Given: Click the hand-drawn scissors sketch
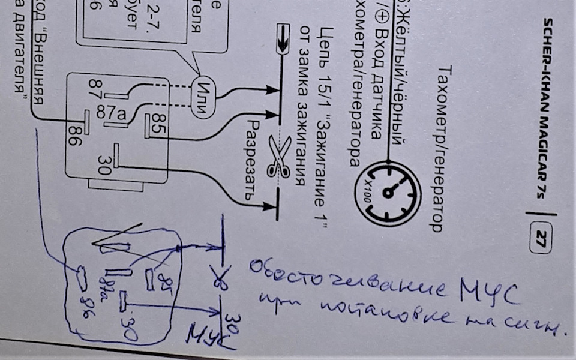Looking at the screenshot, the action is [220, 280].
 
